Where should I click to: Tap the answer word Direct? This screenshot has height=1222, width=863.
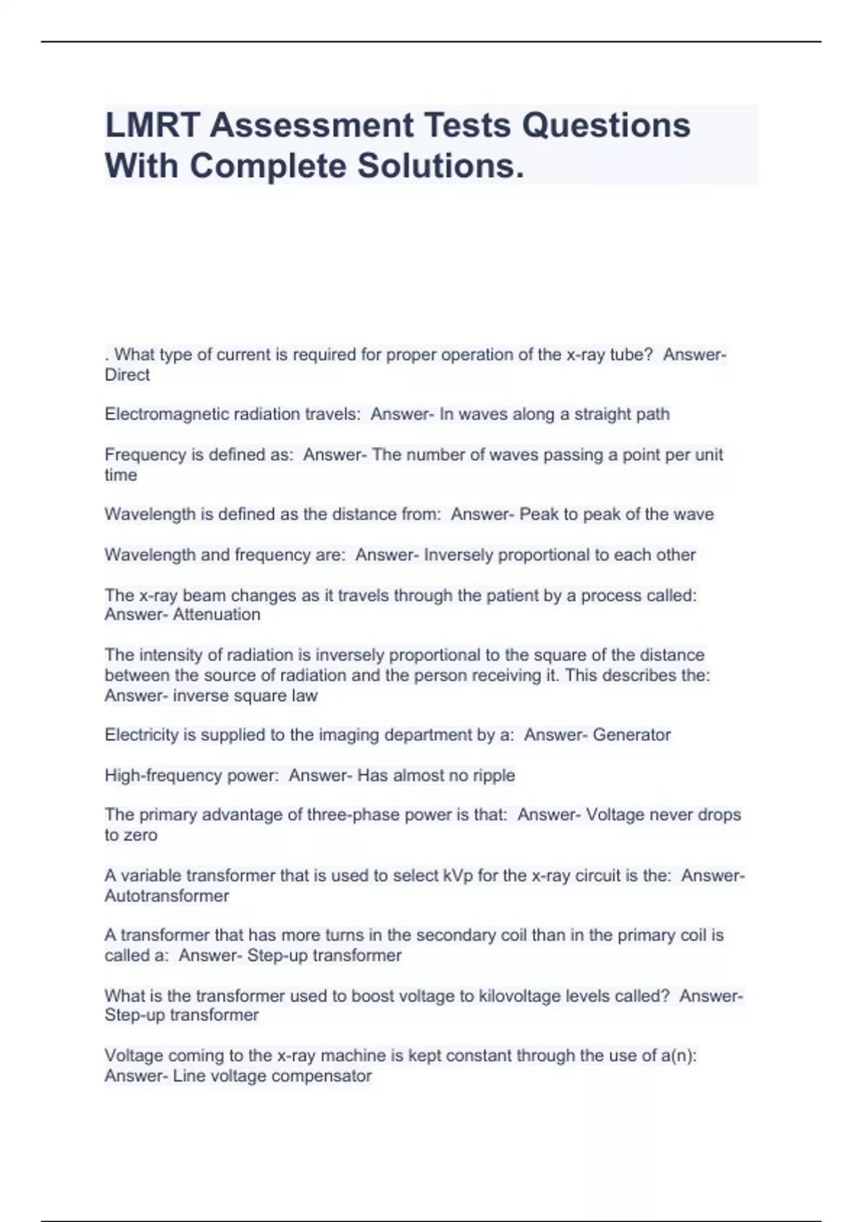coord(127,375)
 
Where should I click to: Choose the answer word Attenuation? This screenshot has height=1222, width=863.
coord(216,615)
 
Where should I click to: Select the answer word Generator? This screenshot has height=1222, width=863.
coord(631,735)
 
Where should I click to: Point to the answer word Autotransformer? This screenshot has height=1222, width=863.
coord(167,896)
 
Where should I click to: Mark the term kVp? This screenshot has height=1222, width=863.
coord(458,876)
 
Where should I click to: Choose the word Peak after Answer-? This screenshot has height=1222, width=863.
coord(539,514)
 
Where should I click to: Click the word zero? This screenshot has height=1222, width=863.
coord(140,835)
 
